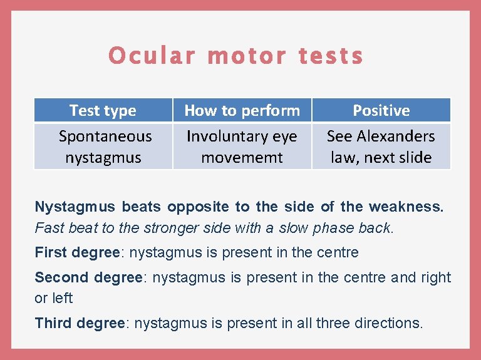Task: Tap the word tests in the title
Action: [x=331, y=56]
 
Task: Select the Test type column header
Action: [x=103, y=111]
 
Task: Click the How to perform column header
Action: [x=242, y=111]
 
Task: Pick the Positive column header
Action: [x=381, y=111]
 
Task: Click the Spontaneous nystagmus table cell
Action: [x=105, y=147]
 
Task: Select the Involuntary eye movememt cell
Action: [x=242, y=147]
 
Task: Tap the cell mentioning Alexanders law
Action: [x=381, y=147]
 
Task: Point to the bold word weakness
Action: [x=415, y=207]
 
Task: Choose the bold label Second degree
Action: [x=88, y=277]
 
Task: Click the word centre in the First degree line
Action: [x=338, y=253]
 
